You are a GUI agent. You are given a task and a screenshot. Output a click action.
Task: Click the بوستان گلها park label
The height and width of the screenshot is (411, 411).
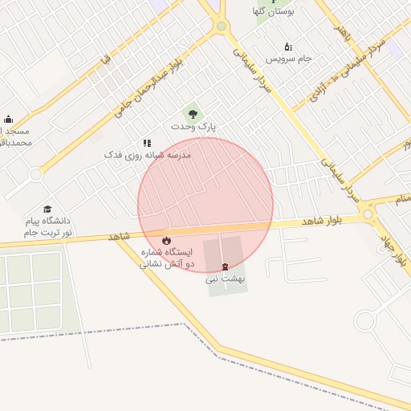pyautogui.click(x=275, y=12)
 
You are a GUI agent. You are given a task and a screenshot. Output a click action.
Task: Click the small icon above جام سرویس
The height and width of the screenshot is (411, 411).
pyautogui.click(x=288, y=47)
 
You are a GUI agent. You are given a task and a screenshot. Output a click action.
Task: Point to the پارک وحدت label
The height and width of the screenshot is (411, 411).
pyautogui.click(x=193, y=127)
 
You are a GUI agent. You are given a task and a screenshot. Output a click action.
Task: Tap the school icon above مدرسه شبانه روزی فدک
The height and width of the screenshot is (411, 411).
pyautogui.click(x=147, y=142)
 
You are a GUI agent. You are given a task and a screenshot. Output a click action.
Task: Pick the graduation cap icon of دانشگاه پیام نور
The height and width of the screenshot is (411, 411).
pyautogui.click(x=47, y=209)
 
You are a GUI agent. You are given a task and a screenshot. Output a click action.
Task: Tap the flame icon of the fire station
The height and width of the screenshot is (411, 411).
pyautogui.click(x=166, y=240)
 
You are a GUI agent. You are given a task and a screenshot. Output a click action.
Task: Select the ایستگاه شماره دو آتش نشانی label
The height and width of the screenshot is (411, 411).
pyautogui.click(x=167, y=257)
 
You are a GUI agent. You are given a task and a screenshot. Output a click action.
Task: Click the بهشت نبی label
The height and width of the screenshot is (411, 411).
pyautogui.click(x=223, y=279)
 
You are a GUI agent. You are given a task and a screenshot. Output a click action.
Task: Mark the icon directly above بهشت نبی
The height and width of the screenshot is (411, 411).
pyautogui.click(x=224, y=266)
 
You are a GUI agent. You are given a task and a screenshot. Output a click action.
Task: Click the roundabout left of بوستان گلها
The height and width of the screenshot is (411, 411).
pyautogui.click(x=221, y=26)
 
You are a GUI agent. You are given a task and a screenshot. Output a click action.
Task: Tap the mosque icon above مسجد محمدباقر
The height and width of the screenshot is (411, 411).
pyautogui.click(x=8, y=119)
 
